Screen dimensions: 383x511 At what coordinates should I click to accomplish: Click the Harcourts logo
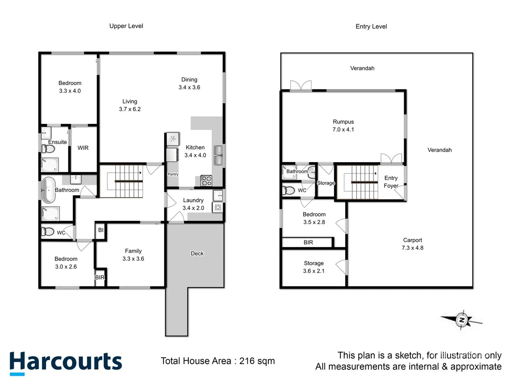click(66, 362)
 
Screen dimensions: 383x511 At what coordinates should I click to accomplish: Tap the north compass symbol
click(462, 320)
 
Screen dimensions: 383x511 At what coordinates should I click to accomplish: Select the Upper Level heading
click(126, 26)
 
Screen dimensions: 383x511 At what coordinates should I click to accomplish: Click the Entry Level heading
click(371, 26)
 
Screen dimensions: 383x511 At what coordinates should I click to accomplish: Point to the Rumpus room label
click(343, 122)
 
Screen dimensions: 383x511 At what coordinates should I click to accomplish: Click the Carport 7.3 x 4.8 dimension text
click(412, 248)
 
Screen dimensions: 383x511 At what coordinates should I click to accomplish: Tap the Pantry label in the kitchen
click(173, 174)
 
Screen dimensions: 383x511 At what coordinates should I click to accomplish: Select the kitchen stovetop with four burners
click(206, 181)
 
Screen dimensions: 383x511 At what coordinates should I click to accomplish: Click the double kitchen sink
click(218, 155)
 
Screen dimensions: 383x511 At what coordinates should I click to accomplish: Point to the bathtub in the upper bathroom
click(49, 190)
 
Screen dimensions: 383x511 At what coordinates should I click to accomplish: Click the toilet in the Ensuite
click(48, 149)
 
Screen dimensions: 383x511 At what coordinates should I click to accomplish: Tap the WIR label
click(83, 148)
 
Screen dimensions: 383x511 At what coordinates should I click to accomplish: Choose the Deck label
click(197, 254)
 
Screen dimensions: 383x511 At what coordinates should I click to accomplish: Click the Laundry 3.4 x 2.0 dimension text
click(193, 208)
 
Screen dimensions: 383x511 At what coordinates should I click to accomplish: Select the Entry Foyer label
click(391, 182)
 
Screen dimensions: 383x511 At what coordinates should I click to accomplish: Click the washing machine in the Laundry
click(218, 207)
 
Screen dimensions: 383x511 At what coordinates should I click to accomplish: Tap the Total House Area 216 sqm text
click(218, 361)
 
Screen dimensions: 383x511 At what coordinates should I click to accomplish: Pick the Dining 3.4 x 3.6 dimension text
click(189, 87)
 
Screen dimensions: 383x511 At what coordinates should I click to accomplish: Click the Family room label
click(133, 251)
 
